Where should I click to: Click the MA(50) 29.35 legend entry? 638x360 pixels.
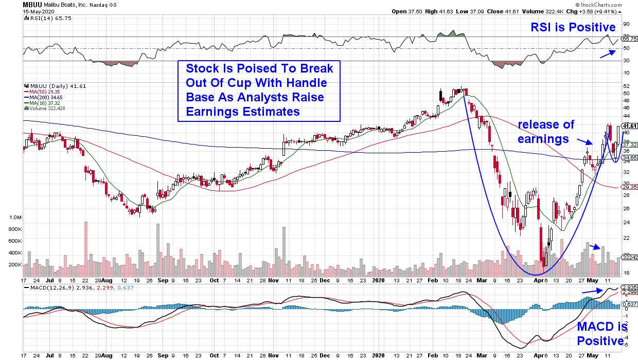(43, 92)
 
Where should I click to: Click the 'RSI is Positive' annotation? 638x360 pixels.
(573, 27)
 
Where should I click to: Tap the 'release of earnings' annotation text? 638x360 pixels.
(546, 132)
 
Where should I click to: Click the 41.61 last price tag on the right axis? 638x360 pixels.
(630, 126)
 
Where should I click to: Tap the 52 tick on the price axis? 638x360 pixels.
(626, 86)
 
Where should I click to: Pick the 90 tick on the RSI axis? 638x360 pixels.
(626, 24)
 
